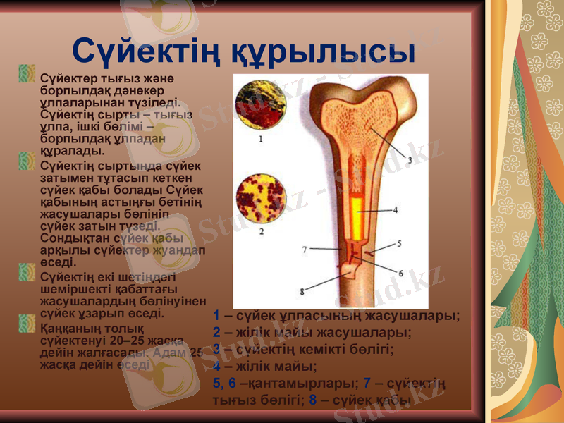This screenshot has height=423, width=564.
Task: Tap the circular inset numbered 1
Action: pyautogui.click(x=260, y=106)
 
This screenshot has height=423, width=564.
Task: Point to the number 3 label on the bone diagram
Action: pyautogui.click(x=409, y=160)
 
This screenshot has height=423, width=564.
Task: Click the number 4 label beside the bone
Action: pyautogui.click(x=395, y=209)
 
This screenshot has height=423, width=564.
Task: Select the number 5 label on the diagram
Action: pyautogui.click(x=399, y=243)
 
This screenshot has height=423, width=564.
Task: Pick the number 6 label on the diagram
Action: pyautogui.click(x=400, y=274)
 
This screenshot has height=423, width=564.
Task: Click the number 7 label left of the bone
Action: pyautogui.click(x=304, y=249)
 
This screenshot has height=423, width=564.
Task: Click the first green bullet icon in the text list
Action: pyautogui.click(x=27, y=73)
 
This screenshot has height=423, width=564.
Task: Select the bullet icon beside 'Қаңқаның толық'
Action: pyautogui.click(x=27, y=324)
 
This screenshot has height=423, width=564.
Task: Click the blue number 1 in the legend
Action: pyautogui.click(x=216, y=316)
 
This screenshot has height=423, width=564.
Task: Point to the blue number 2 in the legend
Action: pyautogui.click(x=217, y=333)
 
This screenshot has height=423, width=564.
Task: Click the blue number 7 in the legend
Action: pyautogui.click(x=367, y=383)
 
